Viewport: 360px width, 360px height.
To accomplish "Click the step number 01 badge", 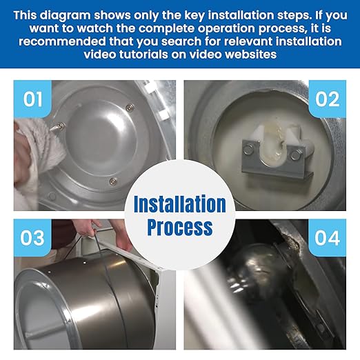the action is [32, 99].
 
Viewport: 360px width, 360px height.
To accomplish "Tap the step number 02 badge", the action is [328, 99].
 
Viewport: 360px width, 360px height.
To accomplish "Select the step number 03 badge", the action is [32, 238].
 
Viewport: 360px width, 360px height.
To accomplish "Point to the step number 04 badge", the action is [328, 238].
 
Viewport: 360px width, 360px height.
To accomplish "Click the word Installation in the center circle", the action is [180, 203].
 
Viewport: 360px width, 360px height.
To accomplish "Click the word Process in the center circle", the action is [180, 227].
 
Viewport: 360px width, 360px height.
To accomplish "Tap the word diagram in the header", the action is [66, 15].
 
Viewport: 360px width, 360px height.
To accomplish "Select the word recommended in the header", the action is [62, 41].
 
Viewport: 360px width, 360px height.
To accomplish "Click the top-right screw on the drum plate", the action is [130, 107].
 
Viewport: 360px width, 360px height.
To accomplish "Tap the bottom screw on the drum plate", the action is [112, 181].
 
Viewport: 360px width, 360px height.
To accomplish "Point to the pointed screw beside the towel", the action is [57, 127].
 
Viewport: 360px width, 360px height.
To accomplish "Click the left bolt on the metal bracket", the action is [248, 149].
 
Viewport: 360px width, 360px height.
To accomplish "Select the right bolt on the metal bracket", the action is [295, 154].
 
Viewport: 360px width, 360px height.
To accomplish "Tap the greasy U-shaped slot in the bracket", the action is [274, 146].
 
